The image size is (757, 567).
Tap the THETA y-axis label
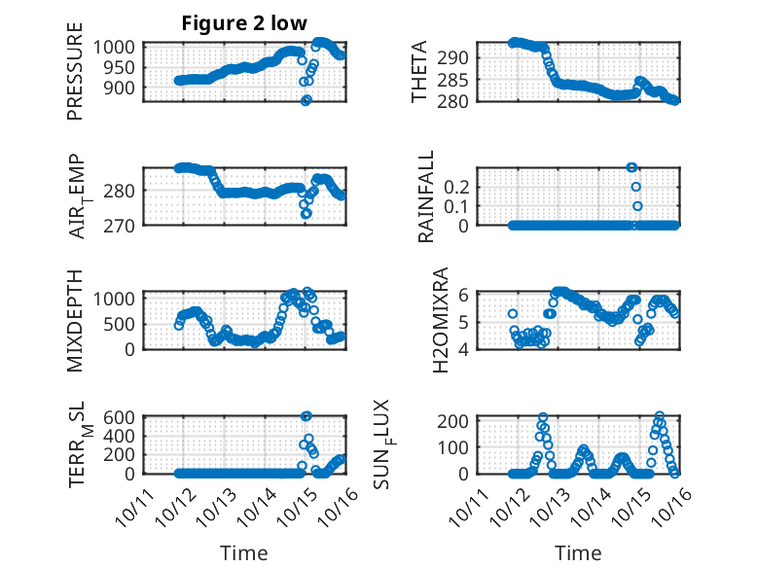coord(419,72)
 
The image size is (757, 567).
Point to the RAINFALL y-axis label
coord(425,196)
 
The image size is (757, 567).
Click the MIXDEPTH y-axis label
coord(75,319)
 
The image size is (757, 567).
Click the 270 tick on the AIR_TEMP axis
coord(125,225)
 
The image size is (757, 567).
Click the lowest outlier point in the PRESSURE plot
coord(306,100)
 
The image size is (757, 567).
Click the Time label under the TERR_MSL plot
coord(245,553)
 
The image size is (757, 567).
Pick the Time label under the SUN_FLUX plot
coord(578,553)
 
